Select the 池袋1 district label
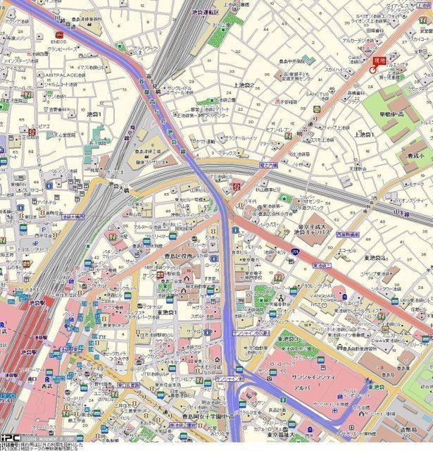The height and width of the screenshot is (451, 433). [94, 113]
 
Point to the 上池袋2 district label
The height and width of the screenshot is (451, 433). [244, 85]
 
